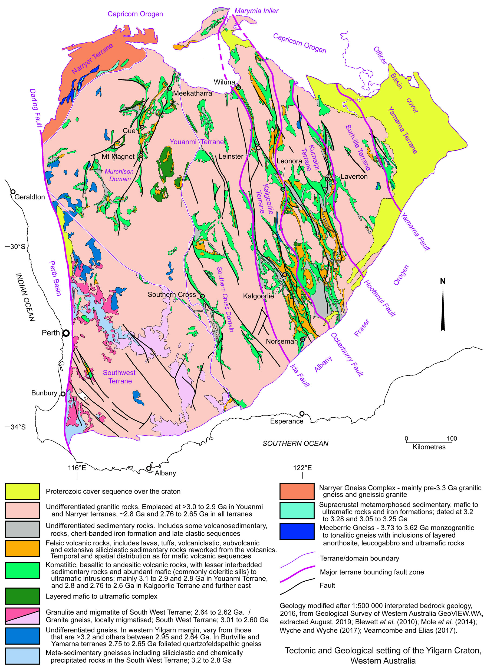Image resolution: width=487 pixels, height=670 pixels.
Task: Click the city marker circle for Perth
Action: (x=67, y=333)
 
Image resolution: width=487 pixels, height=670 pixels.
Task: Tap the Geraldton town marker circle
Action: (x=13, y=192)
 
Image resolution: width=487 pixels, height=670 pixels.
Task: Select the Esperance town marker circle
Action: (x=302, y=413)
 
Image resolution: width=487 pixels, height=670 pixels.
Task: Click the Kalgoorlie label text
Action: (x=258, y=296)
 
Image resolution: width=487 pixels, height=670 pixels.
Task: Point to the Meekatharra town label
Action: (x=192, y=93)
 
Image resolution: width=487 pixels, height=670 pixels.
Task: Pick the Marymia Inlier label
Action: (x=256, y=11)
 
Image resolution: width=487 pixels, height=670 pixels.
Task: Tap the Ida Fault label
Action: (x=300, y=375)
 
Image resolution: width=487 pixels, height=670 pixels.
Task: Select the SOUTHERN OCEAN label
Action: (x=295, y=444)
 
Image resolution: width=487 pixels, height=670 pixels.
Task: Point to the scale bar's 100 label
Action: (x=452, y=438)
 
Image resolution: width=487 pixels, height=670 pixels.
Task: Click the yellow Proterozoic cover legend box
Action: (x=22, y=491)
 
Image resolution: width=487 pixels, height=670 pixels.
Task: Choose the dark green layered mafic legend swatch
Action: (x=22, y=596)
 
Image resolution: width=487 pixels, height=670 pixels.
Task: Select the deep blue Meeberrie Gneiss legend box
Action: (x=297, y=531)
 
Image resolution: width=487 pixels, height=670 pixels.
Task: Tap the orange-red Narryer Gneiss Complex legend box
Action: (x=297, y=491)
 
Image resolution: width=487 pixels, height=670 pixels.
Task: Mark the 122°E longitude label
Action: (x=302, y=468)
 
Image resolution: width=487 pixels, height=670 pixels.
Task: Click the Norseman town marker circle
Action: (x=302, y=340)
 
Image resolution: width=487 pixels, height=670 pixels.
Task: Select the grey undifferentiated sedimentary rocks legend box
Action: (x=22, y=529)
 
